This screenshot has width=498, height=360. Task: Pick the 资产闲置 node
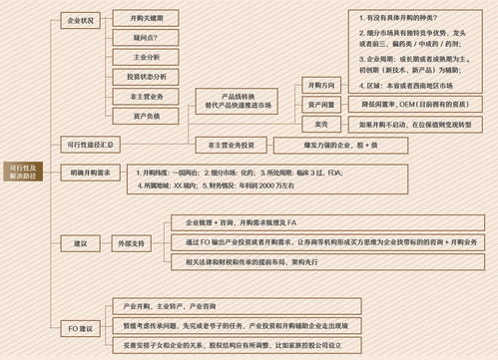pyautogui.click(x=321, y=104)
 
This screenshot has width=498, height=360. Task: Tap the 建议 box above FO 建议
pyautogui.click(x=80, y=242)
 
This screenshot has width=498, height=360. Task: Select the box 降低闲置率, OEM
pyautogui.click(x=413, y=104)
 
